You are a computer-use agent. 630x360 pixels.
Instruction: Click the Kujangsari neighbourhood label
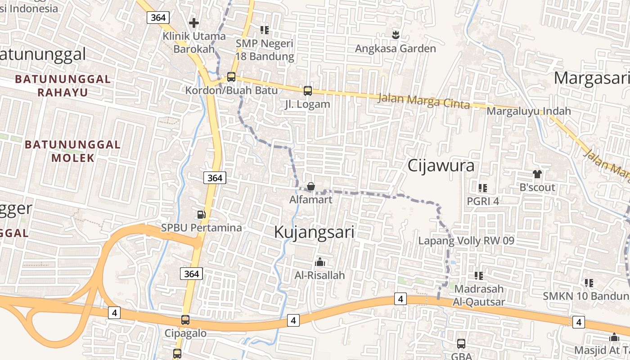click(314, 232)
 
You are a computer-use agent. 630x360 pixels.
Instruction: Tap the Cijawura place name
click(441, 166)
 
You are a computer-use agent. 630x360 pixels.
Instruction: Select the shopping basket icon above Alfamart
click(310, 186)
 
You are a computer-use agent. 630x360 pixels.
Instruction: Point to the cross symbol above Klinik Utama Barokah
click(194, 22)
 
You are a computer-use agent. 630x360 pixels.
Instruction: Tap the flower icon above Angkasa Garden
click(396, 34)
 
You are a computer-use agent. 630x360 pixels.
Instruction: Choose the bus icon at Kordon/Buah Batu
click(231, 76)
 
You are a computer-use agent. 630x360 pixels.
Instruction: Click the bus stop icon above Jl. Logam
click(308, 91)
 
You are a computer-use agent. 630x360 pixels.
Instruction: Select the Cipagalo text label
click(185, 333)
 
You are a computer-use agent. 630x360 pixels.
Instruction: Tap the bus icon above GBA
click(461, 344)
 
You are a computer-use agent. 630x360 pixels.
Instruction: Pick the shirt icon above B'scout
click(537, 174)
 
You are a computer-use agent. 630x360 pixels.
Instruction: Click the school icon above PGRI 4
click(483, 188)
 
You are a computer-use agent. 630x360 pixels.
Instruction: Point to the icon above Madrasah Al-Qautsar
click(479, 275)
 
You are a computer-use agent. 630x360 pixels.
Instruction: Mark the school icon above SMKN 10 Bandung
click(589, 283)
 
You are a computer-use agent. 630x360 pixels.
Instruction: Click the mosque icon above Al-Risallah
click(320, 262)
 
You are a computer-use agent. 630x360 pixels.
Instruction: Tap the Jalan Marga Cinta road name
click(423, 101)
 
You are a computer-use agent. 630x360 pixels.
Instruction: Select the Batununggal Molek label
click(73, 151)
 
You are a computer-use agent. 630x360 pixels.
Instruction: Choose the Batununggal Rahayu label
click(63, 85)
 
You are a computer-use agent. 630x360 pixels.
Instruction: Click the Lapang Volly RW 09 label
click(466, 241)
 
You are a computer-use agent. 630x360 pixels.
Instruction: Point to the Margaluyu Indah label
click(529, 111)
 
